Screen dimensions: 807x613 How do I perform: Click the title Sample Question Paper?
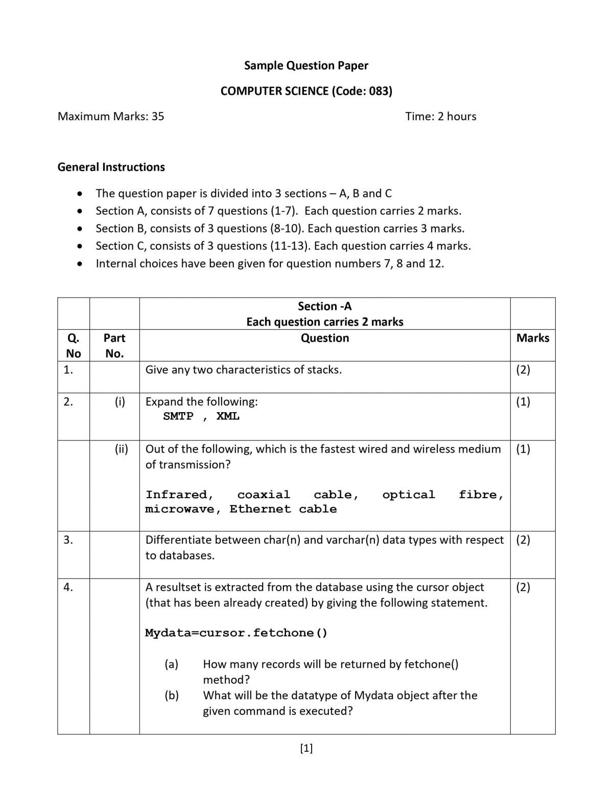click(306, 65)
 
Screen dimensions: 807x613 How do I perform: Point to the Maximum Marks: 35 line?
click(111, 116)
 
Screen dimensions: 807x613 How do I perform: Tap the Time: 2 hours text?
click(440, 116)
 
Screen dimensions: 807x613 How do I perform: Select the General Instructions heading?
click(111, 167)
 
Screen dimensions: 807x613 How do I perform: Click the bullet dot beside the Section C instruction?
click(79, 246)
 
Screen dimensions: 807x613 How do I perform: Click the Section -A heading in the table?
click(324, 306)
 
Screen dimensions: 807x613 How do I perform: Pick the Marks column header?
click(532, 338)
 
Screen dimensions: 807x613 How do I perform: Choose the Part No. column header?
click(114, 345)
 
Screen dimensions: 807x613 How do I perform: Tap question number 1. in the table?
click(68, 370)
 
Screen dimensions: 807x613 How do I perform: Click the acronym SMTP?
click(178, 416)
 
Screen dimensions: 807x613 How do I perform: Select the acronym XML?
click(228, 416)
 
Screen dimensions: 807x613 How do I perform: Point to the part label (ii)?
click(121, 449)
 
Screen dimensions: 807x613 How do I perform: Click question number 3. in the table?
click(68, 540)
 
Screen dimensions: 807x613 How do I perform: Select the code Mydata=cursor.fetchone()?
click(236, 633)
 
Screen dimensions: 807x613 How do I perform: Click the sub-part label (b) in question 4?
click(172, 696)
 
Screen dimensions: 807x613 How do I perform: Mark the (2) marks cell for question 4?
click(523, 587)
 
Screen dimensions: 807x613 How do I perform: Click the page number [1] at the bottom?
click(306, 748)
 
